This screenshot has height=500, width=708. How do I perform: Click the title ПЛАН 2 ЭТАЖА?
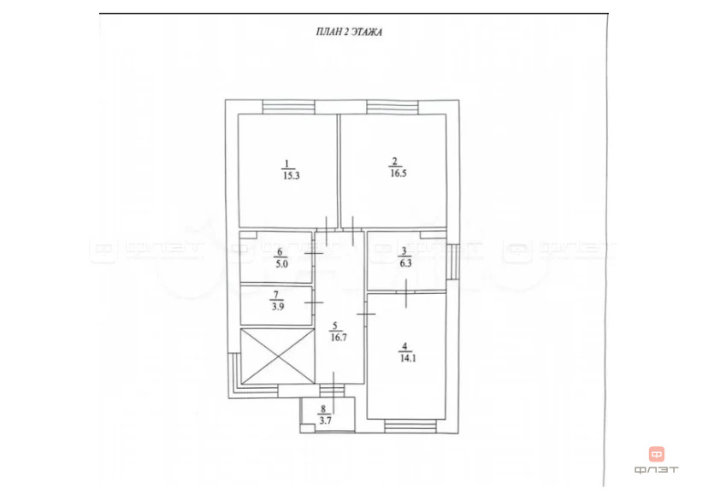coord(349,32)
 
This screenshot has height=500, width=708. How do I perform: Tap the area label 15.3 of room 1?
coord(292,175)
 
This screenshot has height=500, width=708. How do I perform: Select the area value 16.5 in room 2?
coord(398,174)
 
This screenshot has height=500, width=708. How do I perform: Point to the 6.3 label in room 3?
coord(405,263)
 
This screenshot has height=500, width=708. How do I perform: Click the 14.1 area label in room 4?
coord(408,359)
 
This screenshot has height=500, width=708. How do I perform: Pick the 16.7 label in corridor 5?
coord(339,337)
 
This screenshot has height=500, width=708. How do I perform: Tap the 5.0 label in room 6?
coord(282,264)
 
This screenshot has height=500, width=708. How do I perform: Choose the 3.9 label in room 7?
coord(278,307)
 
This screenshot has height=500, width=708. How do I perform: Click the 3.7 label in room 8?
coord(325,421)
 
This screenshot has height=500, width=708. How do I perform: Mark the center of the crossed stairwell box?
coord(277,356)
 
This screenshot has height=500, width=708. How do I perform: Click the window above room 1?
coord(288,108)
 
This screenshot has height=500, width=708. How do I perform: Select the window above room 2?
coord(392,108)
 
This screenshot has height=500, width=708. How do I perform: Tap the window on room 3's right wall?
coord(452,262)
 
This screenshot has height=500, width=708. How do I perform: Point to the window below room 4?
coord(410,426)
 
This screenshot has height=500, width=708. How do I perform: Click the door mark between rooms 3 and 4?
coord(406,293)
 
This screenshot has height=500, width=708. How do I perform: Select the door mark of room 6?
coord(313,254)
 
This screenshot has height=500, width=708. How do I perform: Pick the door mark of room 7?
coord(313,303)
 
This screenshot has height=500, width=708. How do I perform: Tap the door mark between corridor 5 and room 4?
coord(366,314)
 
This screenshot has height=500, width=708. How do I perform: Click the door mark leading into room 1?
coord(327,231)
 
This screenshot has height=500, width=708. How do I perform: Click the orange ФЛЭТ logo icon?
coord(657,454)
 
